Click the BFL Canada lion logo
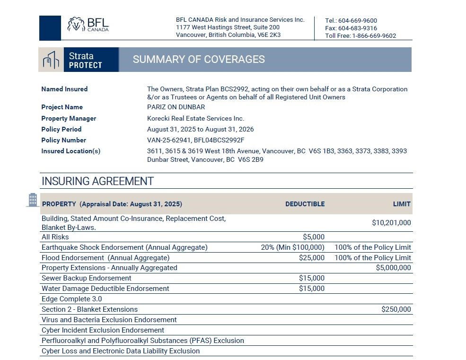[76, 24]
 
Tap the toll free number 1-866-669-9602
[374, 36]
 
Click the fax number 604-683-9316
[357, 28]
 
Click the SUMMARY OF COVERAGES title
[199, 60]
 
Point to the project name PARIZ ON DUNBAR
[176, 107]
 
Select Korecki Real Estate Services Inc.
[195, 118]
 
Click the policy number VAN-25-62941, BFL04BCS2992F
[196, 140]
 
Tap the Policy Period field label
[62, 129]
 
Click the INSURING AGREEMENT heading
[97, 181]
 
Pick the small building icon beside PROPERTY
[33, 200]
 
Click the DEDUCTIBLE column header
[305, 204]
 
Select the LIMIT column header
[402, 204]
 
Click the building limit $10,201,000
[391, 223]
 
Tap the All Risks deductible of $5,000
[313, 237]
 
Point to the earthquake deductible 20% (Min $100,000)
[292, 247]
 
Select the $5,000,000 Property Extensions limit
[393, 268]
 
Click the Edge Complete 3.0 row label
[71, 299]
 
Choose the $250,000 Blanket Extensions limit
[396, 309]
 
